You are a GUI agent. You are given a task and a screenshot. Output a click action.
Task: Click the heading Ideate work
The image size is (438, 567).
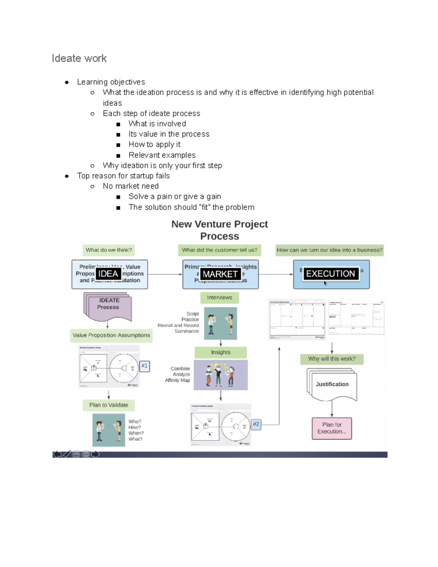[x=79, y=58]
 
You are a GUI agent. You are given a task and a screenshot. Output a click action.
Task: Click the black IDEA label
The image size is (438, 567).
[x=108, y=274]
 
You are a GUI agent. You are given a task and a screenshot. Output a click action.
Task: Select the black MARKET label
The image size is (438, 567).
[x=220, y=274]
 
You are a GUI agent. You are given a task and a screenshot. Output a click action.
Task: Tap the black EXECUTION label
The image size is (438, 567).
[x=330, y=273]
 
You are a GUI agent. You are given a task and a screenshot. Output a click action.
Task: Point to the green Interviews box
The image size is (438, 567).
[x=219, y=298]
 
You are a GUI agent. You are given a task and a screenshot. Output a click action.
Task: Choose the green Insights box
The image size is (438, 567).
[x=220, y=352]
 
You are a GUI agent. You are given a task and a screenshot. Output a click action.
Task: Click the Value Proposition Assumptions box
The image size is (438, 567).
[x=111, y=335]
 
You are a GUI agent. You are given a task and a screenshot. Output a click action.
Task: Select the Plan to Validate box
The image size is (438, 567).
[x=109, y=405]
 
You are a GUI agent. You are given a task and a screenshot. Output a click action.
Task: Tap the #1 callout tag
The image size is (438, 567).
[x=145, y=365]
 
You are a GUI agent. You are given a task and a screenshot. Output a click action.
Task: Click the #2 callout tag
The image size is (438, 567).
[x=256, y=424]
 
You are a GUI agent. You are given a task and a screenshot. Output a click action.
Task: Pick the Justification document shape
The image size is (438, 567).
[x=332, y=384]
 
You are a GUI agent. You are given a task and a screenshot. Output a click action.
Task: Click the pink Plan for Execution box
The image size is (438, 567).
[x=332, y=428]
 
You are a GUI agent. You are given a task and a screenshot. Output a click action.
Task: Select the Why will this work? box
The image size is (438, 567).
[x=331, y=359]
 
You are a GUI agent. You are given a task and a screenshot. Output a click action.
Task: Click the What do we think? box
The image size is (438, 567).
[x=109, y=250]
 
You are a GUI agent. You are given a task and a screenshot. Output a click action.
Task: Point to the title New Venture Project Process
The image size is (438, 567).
[x=220, y=230]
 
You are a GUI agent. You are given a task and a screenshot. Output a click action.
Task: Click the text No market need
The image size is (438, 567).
[x=131, y=186]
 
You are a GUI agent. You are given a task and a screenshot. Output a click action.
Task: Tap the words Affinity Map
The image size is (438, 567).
[x=177, y=380]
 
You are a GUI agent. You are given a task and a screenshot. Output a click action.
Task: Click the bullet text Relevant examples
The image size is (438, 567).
[x=162, y=155]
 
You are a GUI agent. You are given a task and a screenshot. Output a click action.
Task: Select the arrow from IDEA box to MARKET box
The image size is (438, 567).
[x=165, y=274]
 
